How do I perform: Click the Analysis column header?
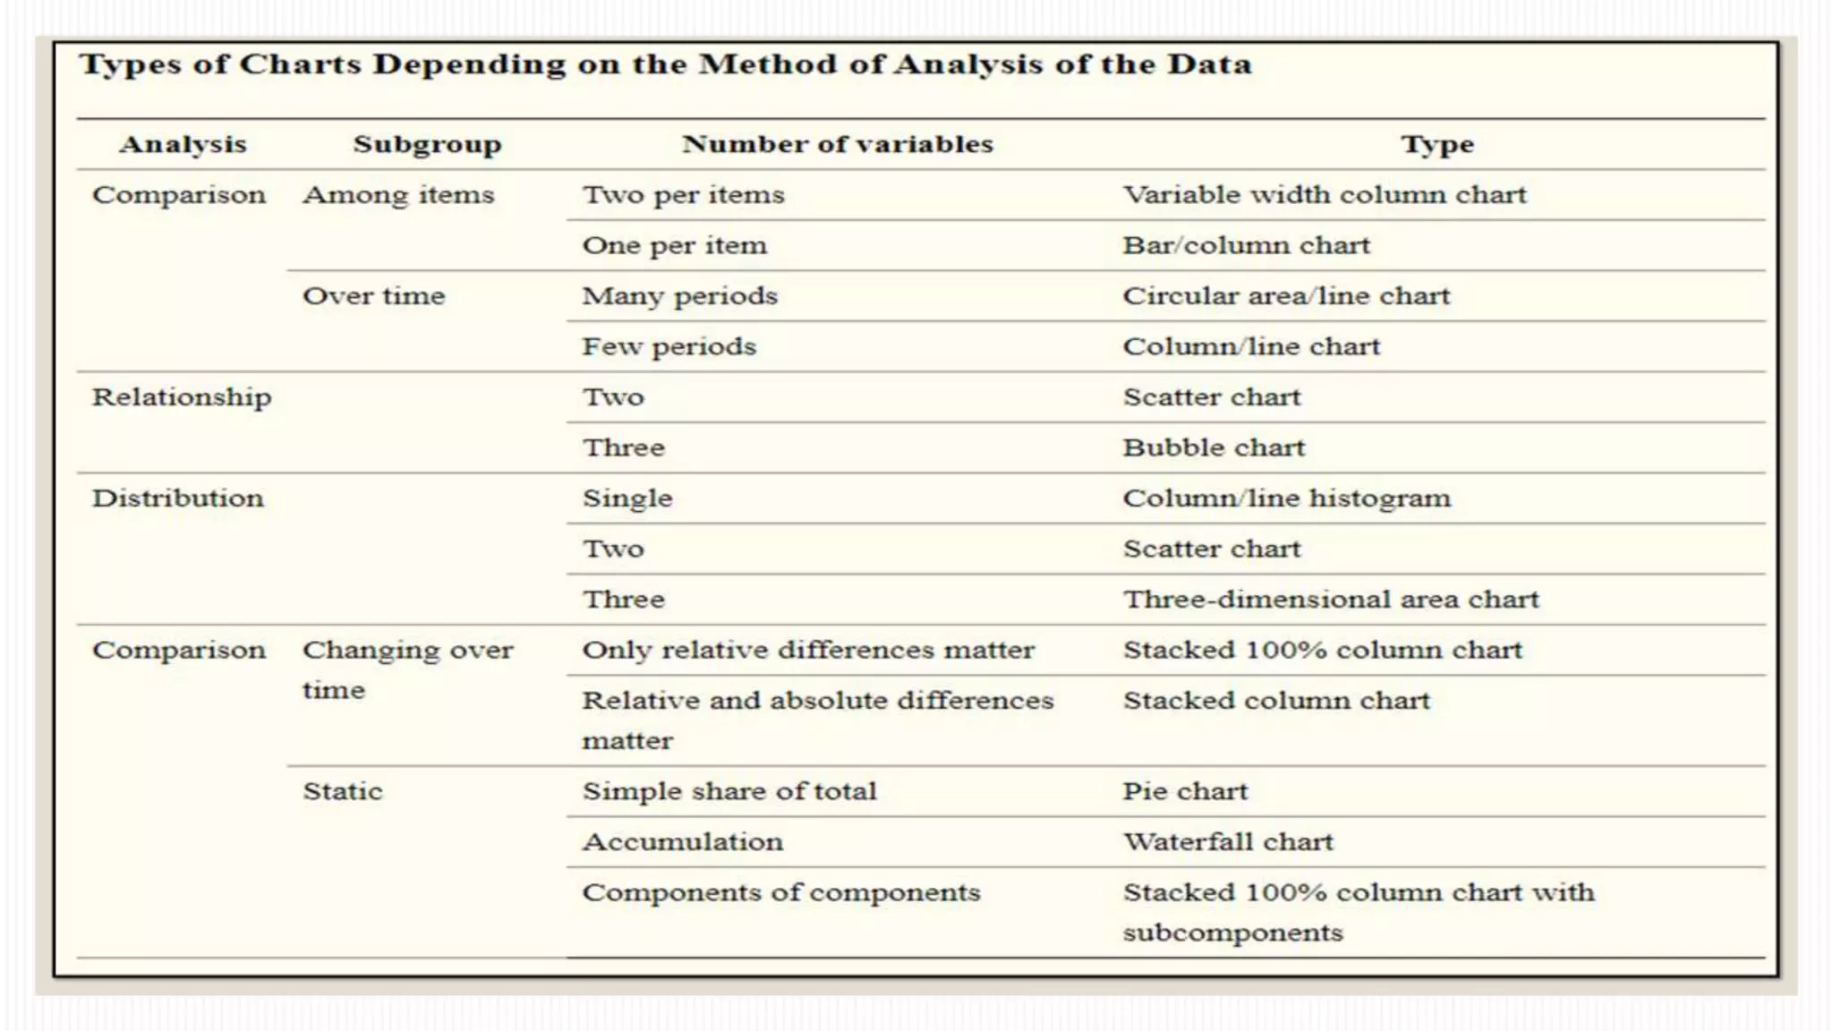(183, 144)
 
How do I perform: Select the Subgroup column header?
(427, 144)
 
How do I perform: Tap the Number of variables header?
(838, 144)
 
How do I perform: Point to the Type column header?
(1437, 144)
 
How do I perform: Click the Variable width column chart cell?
(1325, 195)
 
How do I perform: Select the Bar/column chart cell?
(1247, 245)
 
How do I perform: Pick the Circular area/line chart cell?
(1286, 296)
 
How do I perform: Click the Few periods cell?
(669, 346)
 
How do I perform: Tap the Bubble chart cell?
(1214, 447)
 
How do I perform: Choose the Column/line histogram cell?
(1286, 498)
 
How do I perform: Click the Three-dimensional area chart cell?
(1331, 600)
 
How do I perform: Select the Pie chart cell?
(1185, 791)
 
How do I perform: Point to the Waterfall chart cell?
(1228, 842)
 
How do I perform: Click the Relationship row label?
(182, 397)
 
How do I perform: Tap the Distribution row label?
(178, 498)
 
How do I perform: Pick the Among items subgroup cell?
(398, 195)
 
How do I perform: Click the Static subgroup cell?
(343, 791)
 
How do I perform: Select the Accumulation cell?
(683, 842)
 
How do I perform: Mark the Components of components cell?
(781, 892)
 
